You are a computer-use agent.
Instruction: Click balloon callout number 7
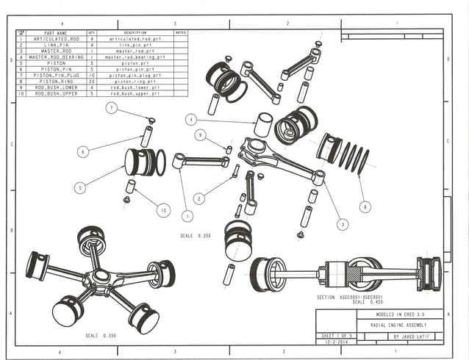coord(111,109)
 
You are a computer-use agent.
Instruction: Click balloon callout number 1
coord(187,216)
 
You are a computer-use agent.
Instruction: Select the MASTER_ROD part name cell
coord(55,51)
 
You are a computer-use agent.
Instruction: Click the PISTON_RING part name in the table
coord(55,81)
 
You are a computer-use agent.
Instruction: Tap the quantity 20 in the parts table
coord(92,81)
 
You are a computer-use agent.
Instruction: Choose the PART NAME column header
coord(55,33)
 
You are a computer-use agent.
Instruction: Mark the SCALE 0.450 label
coord(367,302)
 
